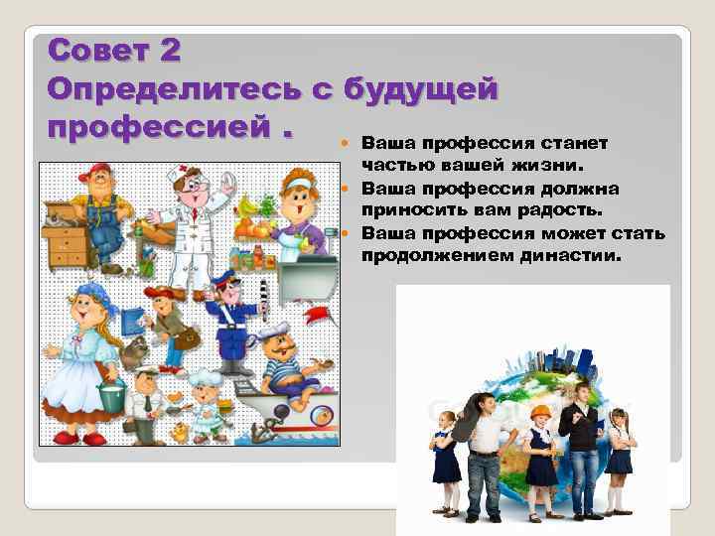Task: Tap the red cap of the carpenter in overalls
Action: point(96,171)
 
